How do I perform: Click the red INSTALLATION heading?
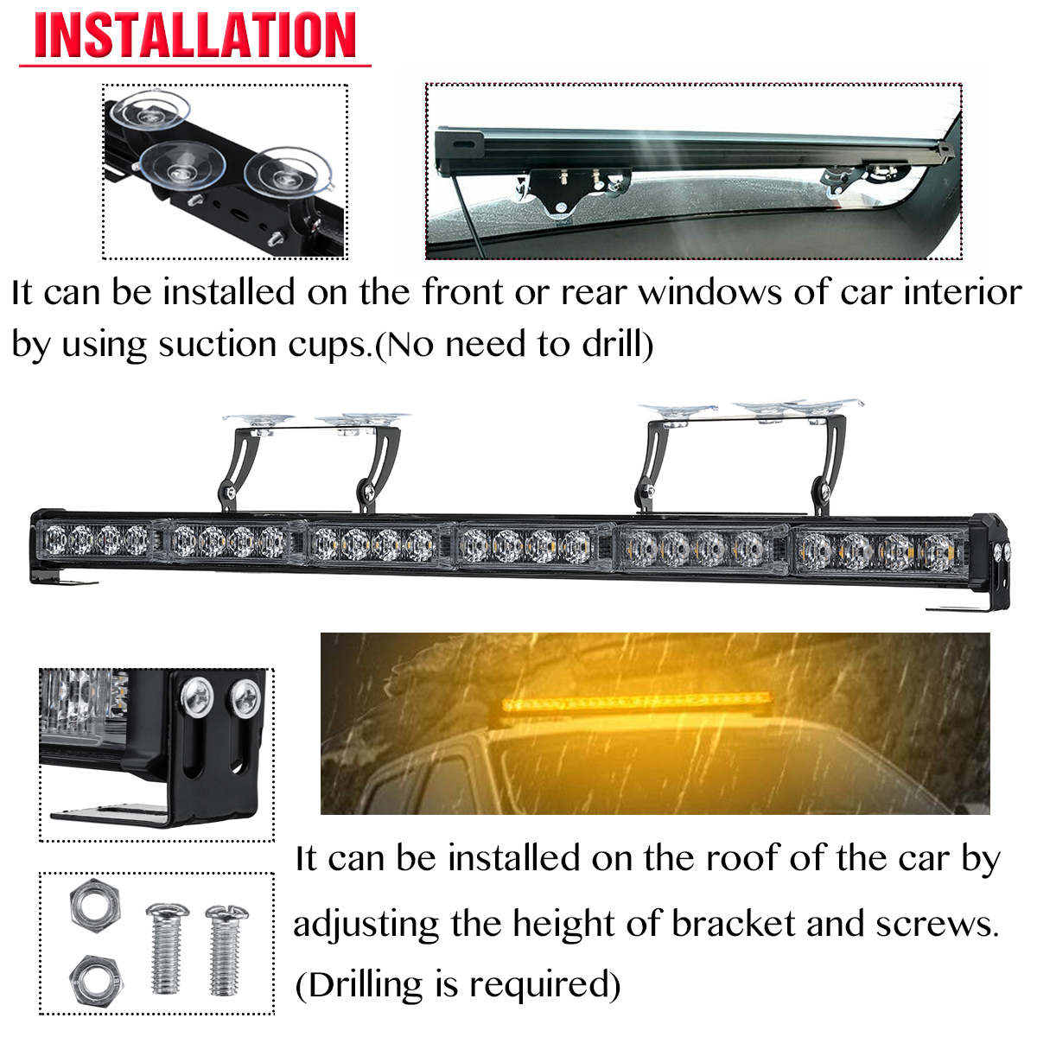(x=195, y=36)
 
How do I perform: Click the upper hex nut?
(x=94, y=905)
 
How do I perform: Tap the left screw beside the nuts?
(x=166, y=948)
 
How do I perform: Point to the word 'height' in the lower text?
(x=564, y=924)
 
